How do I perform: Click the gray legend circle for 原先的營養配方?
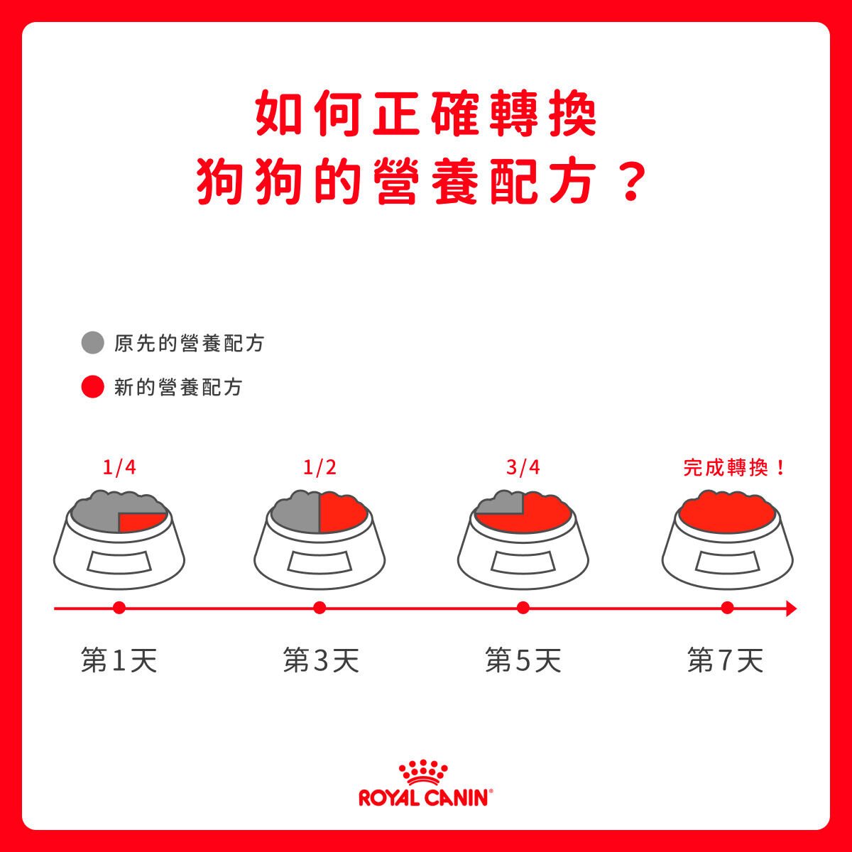tap(93, 343)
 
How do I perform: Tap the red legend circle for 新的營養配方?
tap(93, 387)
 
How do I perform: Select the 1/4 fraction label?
tap(119, 467)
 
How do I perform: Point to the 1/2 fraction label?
tap(319, 467)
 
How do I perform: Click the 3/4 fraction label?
tap(523, 467)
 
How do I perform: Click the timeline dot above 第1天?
tap(119, 608)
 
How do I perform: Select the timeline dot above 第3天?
tap(319, 608)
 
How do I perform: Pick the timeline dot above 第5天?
tap(523, 608)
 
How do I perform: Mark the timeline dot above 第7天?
tap(727, 608)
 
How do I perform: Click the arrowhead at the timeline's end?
tap(792, 608)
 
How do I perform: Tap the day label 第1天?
tap(119, 660)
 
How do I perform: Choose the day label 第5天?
tap(523, 660)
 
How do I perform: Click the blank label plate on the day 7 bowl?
tap(727, 562)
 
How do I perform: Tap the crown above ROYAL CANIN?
tap(423, 773)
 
